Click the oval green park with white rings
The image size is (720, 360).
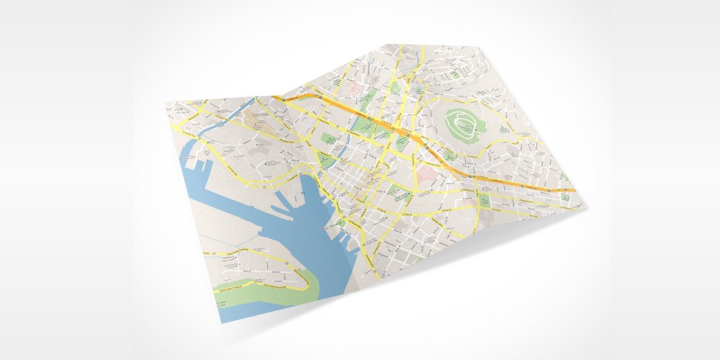(x=464, y=127)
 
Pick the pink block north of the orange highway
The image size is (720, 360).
(x=355, y=86)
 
